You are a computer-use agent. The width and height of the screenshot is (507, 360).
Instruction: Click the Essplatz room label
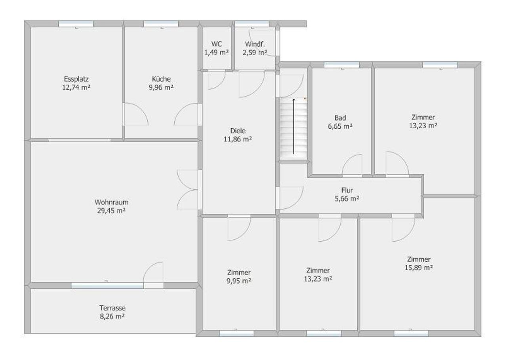coord(76,79)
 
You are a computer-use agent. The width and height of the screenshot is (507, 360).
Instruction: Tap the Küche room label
coord(161,79)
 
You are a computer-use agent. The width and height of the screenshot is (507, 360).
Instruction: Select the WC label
coord(217,44)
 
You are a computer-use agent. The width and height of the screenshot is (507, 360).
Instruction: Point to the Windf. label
coord(255,44)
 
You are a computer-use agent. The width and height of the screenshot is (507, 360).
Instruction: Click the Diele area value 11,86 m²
coord(238,139)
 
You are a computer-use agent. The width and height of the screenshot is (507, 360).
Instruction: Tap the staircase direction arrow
coord(294,126)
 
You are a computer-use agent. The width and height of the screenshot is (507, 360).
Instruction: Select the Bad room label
coord(340,118)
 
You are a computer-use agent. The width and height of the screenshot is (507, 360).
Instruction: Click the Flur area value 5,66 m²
coord(347,199)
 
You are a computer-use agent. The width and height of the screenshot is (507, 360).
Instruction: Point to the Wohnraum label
coord(112,202)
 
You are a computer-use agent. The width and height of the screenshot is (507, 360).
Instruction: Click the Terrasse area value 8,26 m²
coord(112,316)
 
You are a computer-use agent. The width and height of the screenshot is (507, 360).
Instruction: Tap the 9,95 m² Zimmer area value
coord(239,281)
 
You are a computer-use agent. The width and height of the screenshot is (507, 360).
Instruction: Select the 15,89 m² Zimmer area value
coord(419,268)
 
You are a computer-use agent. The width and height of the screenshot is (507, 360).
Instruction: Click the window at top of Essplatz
coord(76,24)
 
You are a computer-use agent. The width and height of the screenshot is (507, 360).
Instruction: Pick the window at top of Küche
coord(161,24)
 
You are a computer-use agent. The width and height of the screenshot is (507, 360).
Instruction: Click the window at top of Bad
coord(341,65)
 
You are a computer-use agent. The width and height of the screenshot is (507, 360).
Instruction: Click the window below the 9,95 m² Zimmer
coord(236,333)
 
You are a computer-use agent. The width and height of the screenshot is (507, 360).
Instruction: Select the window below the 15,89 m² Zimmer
coord(411,333)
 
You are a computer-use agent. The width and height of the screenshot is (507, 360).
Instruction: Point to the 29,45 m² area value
coord(112,211)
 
